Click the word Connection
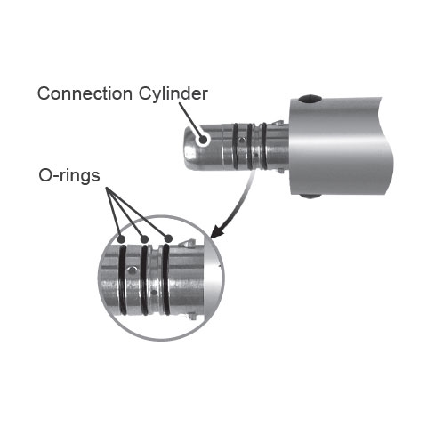point(85,93)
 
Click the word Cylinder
point(173,94)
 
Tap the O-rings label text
point(69,175)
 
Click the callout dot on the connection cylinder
point(203,140)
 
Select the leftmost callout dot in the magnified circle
point(121,238)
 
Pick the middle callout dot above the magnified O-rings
point(144,238)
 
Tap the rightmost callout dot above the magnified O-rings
point(168,238)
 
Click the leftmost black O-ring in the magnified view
point(122,280)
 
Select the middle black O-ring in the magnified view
point(144,280)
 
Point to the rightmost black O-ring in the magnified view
point(166,280)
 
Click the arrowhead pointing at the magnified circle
point(218,231)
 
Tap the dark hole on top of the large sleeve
point(310,99)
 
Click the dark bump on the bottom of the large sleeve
point(310,196)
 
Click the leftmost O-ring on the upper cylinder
point(236,146)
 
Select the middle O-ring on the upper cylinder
point(250,146)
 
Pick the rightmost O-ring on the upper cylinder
point(264,146)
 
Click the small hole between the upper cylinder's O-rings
point(243,141)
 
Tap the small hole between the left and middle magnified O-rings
point(132,270)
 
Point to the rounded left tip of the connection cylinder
point(188,149)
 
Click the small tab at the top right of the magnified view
point(189,243)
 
